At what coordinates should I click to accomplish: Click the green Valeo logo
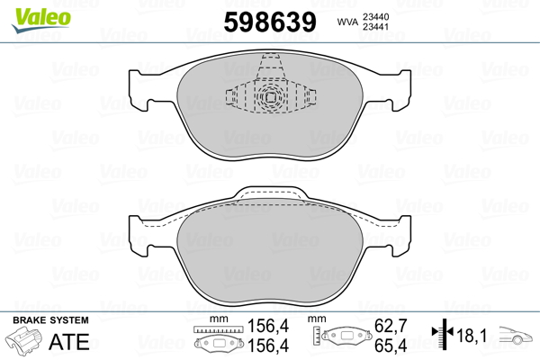(41, 20)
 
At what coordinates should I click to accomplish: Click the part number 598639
(270, 22)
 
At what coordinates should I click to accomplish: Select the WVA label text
(347, 22)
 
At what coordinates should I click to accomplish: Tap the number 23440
(375, 16)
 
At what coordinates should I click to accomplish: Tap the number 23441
(375, 26)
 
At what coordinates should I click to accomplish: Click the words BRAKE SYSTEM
(50, 320)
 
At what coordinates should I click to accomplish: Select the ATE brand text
(69, 342)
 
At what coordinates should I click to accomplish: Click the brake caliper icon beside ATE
(24, 340)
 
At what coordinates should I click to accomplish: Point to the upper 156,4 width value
(268, 326)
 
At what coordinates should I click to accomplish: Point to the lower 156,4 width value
(268, 346)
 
